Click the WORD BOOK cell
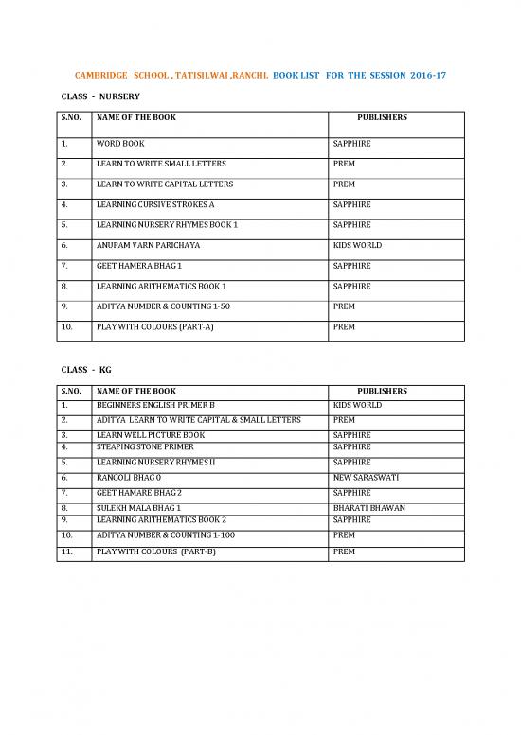(x=118, y=144)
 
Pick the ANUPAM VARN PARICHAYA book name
(x=148, y=245)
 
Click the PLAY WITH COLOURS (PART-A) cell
(x=156, y=326)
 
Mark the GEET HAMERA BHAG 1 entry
(x=139, y=266)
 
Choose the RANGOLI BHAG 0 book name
(x=135, y=479)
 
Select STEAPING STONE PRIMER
(x=145, y=446)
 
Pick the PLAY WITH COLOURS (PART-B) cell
(x=156, y=551)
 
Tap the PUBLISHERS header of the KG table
(x=382, y=391)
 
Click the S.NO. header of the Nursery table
(x=70, y=118)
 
